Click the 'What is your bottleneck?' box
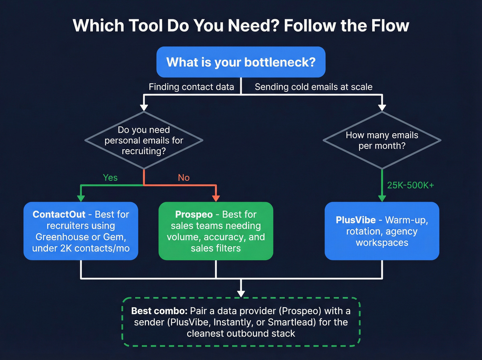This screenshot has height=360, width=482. coord(241,62)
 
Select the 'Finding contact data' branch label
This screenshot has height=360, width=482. coord(191,87)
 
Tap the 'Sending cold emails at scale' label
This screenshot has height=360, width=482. coord(313,87)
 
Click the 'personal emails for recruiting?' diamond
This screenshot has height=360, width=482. coord(144,140)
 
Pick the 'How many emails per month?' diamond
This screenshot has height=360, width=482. coord(382,140)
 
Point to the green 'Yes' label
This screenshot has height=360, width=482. coord(110,177)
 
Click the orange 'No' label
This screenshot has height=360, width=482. coord(184,177)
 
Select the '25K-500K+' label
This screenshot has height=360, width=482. coord(410,185)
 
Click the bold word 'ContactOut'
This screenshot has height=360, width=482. coord(59,214)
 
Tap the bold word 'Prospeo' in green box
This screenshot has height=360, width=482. coord(194,214)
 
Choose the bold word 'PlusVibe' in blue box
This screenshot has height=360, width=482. coord(356,220)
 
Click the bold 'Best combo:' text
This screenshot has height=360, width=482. coord(159,311)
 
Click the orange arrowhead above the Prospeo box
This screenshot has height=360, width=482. coord(216,198)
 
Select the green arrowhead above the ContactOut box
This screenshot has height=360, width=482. coord(81,198)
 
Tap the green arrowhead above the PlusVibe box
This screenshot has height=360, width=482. coord(382,198)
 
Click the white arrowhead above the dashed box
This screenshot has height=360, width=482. coord(241,293)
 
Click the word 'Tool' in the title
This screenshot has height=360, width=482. coord(145,26)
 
